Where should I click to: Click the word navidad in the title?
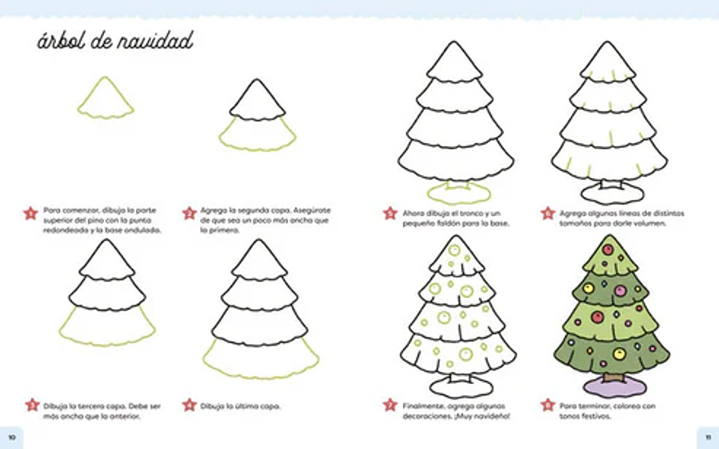pyautogui.click(x=155, y=41)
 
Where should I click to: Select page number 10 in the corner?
pyautogui.click(x=12, y=437)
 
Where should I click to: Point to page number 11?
pyautogui.click(x=708, y=437)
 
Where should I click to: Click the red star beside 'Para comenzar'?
pyautogui.click(x=30, y=213)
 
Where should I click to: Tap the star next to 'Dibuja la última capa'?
pyautogui.click(x=189, y=405)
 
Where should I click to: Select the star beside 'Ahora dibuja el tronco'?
pyautogui.click(x=389, y=213)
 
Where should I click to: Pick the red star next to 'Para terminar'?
pyautogui.click(x=547, y=405)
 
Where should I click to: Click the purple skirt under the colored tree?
pyautogui.click(x=614, y=388)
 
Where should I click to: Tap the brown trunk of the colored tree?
pyautogui.click(x=613, y=377)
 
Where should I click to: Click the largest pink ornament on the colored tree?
pyautogui.click(x=620, y=290)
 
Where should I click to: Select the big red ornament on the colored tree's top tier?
pyautogui.click(x=608, y=250)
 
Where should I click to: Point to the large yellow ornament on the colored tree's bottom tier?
pyautogui.click(x=619, y=354)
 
